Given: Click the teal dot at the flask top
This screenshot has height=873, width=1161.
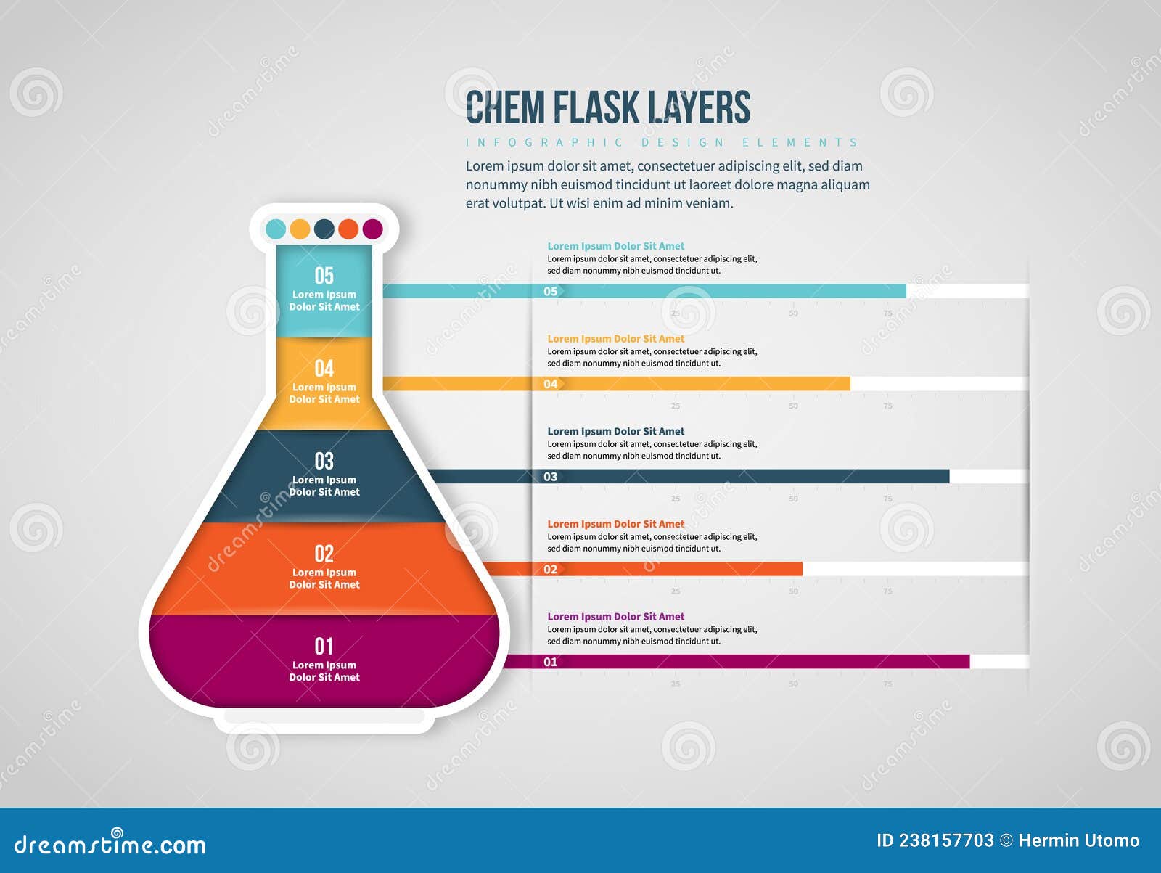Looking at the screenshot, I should click(x=276, y=229).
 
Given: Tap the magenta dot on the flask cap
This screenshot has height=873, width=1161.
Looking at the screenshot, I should click(x=372, y=229).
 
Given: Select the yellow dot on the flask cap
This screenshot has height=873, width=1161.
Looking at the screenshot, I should click(x=300, y=229).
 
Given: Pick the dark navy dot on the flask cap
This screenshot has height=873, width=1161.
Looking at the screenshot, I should click(x=324, y=229).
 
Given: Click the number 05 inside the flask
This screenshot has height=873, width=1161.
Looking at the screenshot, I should click(x=324, y=276).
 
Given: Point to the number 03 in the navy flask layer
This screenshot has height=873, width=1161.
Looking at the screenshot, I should click(x=324, y=461).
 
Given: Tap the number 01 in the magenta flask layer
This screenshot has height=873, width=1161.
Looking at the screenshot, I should click(x=324, y=646).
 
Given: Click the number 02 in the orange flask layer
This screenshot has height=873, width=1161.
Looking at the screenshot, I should click(x=324, y=554).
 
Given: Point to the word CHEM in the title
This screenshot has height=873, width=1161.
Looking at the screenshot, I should click(x=505, y=107).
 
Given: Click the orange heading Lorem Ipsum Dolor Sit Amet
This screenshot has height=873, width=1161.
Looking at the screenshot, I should click(x=615, y=524).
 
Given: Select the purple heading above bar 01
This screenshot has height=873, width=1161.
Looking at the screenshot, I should click(x=615, y=617).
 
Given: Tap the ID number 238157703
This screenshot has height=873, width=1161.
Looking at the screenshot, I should click(x=946, y=840).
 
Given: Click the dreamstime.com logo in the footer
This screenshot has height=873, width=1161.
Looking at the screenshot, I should click(x=110, y=844).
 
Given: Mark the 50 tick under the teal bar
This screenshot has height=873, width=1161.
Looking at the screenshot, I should click(x=793, y=313).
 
